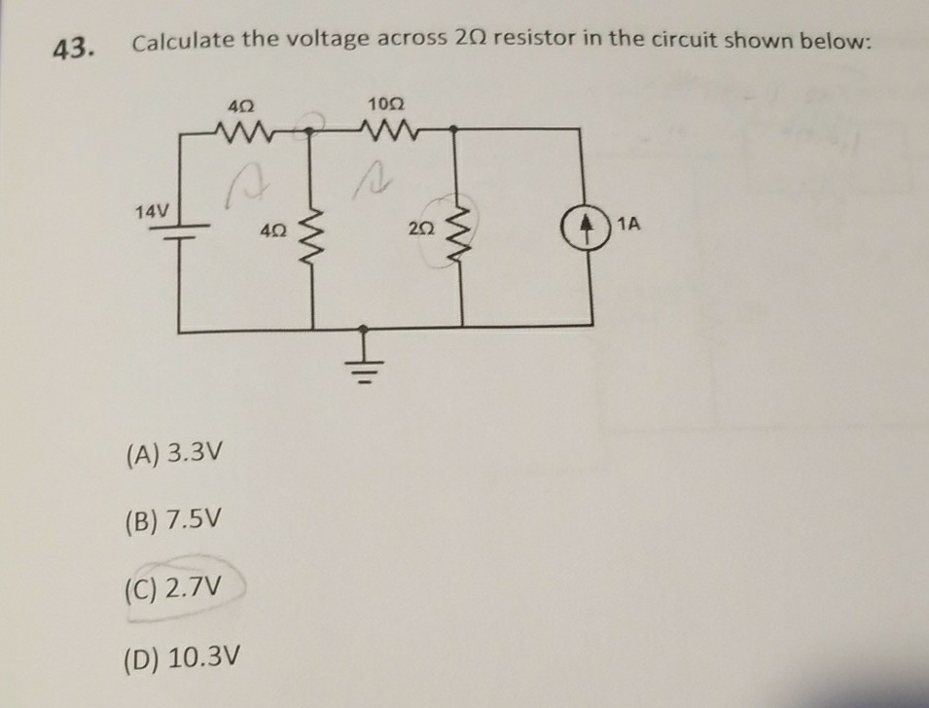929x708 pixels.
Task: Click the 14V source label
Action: point(153,211)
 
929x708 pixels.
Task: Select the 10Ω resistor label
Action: point(385,102)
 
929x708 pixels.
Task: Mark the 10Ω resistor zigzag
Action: point(386,128)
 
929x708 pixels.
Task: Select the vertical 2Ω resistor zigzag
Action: point(460,230)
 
